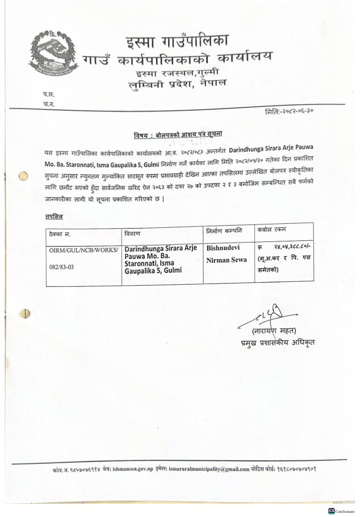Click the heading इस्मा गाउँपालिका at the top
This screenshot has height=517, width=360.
[x=177, y=41]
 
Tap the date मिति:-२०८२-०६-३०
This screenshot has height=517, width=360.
[x=289, y=112]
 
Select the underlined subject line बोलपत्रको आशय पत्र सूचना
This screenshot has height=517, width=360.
[x=178, y=135]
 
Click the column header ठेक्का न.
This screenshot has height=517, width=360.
[x=61, y=234]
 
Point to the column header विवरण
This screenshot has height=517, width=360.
[x=133, y=233]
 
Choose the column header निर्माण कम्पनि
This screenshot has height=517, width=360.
[x=224, y=231]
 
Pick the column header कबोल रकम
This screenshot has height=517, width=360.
[x=272, y=230]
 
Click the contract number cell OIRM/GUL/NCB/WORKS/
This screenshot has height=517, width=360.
[x=83, y=250]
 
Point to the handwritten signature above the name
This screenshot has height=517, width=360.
[x=272, y=314]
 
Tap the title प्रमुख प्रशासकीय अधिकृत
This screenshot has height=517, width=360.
[x=277, y=343]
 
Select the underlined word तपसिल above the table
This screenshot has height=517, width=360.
[x=54, y=217]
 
